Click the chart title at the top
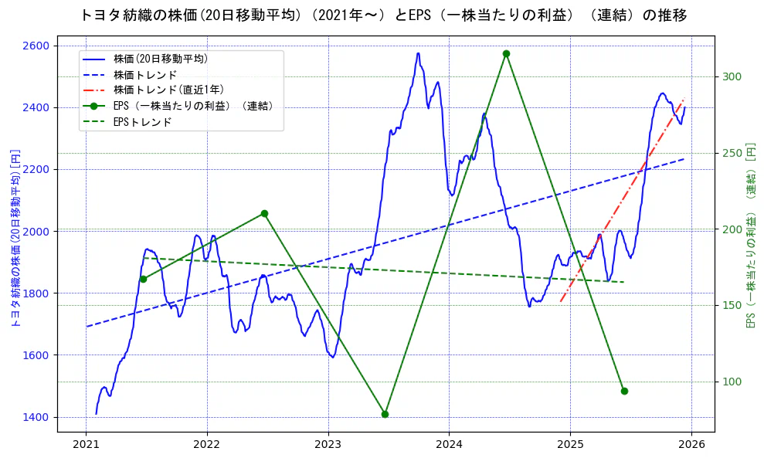pyautogui.click(x=382, y=15)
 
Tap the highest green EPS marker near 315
pyautogui.click(x=506, y=54)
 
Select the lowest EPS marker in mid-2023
pyautogui.click(x=385, y=414)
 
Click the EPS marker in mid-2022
pyautogui.click(x=264, y=213)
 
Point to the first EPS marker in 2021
pyautogui.click(x=143, y=279)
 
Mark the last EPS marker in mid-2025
pyautogui.click(x=624, y=391)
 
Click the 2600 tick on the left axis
pyautogui.click(x=36, y=46)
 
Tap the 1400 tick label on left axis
pyautogui.click(x=36, y=417)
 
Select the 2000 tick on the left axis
pyautogui.click(x=36, y=232)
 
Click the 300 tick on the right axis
pyautogui.click(x=732, y=76)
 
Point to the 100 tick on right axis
pyautogui.click(x=732, y=382)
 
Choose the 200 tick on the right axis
pyautogui.click(x=732, y=229)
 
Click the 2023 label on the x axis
pyautogui.click(x=328, y=445)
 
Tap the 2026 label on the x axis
pyautogui.click(x=691, y=445)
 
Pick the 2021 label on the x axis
pyautogui.click(x=86, y=445)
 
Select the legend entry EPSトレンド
pyautogui.click(x=142, y=122)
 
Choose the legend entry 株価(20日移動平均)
pyautogui.click(x=160, y=59)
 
